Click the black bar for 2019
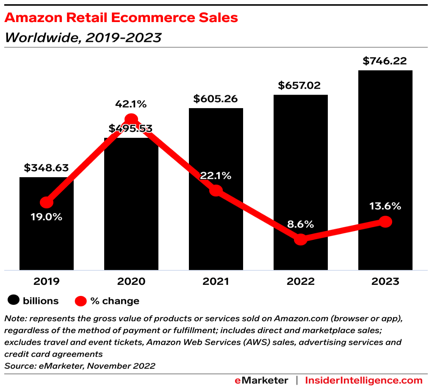click(x=47, y=237)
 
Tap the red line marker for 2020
click(x=131, y=120)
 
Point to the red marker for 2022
click(x=300, y=240)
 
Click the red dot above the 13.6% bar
click(x=385, y=221)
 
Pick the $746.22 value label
click(x=385, y=61)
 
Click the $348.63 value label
click(x=46, y=168)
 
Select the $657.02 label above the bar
click(x=300, y=86)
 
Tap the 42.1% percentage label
click(x=131, y=104)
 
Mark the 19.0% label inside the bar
click(x=46, y=217)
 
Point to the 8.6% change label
click(x=300, y=224)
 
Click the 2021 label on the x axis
click(x=216, y=281)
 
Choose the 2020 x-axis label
click(x=131, y=281)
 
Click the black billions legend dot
click(x=14, y=301)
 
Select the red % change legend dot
click(x=80, y=301)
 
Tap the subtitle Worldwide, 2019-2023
click(x=83, y=38)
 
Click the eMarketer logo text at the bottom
click(x=261, y=380)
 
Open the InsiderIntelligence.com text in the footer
click(x=364, y=380)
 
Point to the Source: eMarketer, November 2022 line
click(x=80, y=366)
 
